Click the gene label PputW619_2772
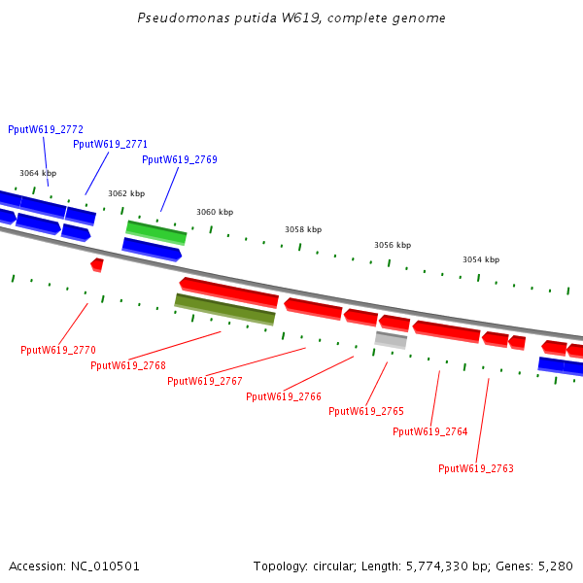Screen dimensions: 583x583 click(x=46, y=129)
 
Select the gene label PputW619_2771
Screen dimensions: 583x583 click(x=110, y=145)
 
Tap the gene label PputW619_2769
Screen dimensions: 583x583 click(x=180, y=160)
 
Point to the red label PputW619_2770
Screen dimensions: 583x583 click(x=58, y=350)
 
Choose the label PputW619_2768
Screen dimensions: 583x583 click(x=128, y=365)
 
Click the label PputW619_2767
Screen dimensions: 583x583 click(x=205, y=381)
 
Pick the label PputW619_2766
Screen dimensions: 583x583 click(x=284, y=396)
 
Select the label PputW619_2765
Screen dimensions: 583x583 click(x=366, y=412)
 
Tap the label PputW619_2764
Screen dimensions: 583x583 click(x=430, y=432)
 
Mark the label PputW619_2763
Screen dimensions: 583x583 click(x=476, y=468)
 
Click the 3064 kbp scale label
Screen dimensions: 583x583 click(x=38, y=173)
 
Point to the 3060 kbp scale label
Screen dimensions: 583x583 click(x=215, y=212)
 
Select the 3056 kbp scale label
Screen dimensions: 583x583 click(x=393, y=246)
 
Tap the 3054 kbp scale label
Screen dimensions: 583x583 click(x=481, y=259)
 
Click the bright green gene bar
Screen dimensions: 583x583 click(x=156, y=232)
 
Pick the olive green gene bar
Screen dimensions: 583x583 click(x=224, y=309)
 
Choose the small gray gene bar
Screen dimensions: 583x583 click(x=391, y=339)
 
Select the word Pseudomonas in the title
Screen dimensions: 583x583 click(x=172, y=18)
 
